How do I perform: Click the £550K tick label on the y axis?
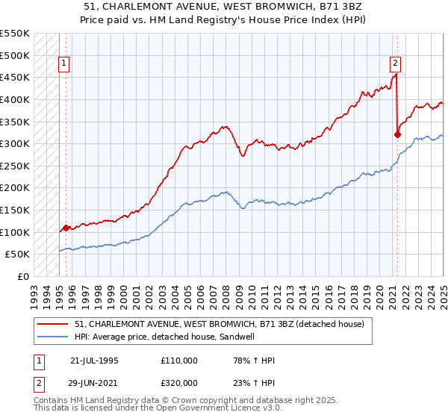(14, 34)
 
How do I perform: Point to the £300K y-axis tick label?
(14, 143)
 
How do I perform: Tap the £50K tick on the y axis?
(17, 254)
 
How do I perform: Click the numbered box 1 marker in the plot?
(65, 64)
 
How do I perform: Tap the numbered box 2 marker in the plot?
(395, 64)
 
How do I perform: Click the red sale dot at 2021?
(397, 135)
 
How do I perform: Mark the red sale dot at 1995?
(66, 228)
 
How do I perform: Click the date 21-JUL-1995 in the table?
(94, 361)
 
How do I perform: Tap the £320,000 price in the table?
(178, 383)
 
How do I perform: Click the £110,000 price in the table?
(178, 361)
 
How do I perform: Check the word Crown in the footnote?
(184, 401)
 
